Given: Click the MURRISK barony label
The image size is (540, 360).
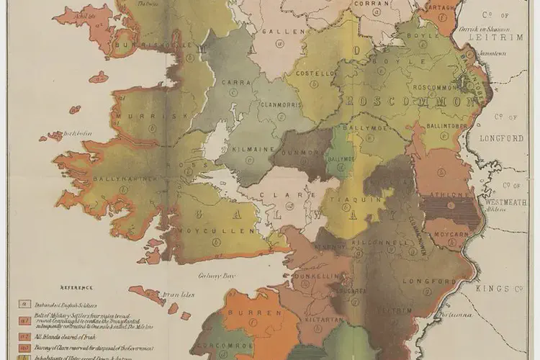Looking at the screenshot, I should [x=145, y=116].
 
